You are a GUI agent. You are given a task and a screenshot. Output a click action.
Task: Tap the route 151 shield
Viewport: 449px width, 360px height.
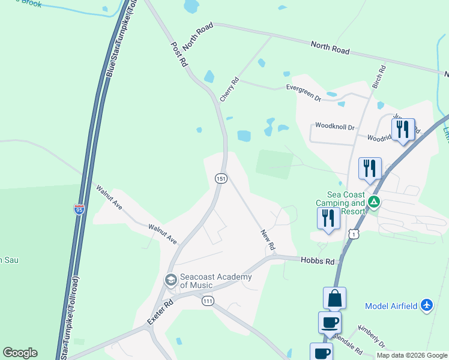point(221,179)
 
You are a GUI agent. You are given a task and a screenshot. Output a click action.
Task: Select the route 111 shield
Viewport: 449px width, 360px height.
point(208,301)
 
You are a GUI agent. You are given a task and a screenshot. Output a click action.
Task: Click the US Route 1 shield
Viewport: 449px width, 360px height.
point(355,233)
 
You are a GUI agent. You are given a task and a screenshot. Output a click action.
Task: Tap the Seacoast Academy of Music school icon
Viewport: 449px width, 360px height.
point(170,280)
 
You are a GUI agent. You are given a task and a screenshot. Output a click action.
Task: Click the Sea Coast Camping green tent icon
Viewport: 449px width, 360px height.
point(374,202)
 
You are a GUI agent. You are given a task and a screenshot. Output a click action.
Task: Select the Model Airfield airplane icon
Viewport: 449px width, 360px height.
point(427,305)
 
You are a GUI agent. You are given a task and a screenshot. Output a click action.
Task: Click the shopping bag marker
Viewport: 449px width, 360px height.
point(334,298)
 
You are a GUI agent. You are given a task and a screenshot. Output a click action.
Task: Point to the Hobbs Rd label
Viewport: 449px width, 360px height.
point(318,261)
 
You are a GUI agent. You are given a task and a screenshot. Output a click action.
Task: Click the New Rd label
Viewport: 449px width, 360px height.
point(268,239)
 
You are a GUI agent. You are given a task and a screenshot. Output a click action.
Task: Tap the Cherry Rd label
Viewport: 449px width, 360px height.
point(230,89)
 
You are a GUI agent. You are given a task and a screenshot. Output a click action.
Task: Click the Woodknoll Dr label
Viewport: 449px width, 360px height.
point(335,127)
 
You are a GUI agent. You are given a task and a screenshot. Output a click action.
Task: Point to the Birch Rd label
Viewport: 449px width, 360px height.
point(378,77)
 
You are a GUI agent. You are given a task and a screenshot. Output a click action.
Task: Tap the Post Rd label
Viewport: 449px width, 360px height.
point(179,54)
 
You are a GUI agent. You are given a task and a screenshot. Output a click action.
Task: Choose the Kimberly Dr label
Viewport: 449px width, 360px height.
point(371,336)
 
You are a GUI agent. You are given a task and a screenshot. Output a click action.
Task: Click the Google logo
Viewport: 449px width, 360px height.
point(20,353)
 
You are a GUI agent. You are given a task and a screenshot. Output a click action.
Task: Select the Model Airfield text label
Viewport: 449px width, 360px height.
point(391,306)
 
